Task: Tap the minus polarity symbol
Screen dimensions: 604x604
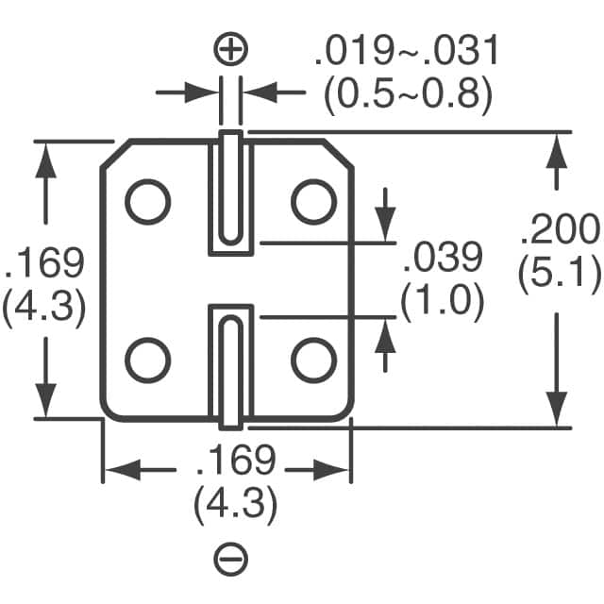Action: coord(232,561)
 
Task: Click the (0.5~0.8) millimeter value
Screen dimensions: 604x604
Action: coord(407,93)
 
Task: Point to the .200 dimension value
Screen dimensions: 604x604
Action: coord(560,230)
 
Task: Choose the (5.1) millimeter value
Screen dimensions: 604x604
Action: coord(560,273)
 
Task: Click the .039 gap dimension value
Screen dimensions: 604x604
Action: coord(443,257)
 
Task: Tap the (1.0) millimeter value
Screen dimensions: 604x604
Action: coord(443,302)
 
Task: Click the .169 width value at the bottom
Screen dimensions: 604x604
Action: coord(235,462)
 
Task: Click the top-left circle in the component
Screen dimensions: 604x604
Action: coord(148,201)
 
